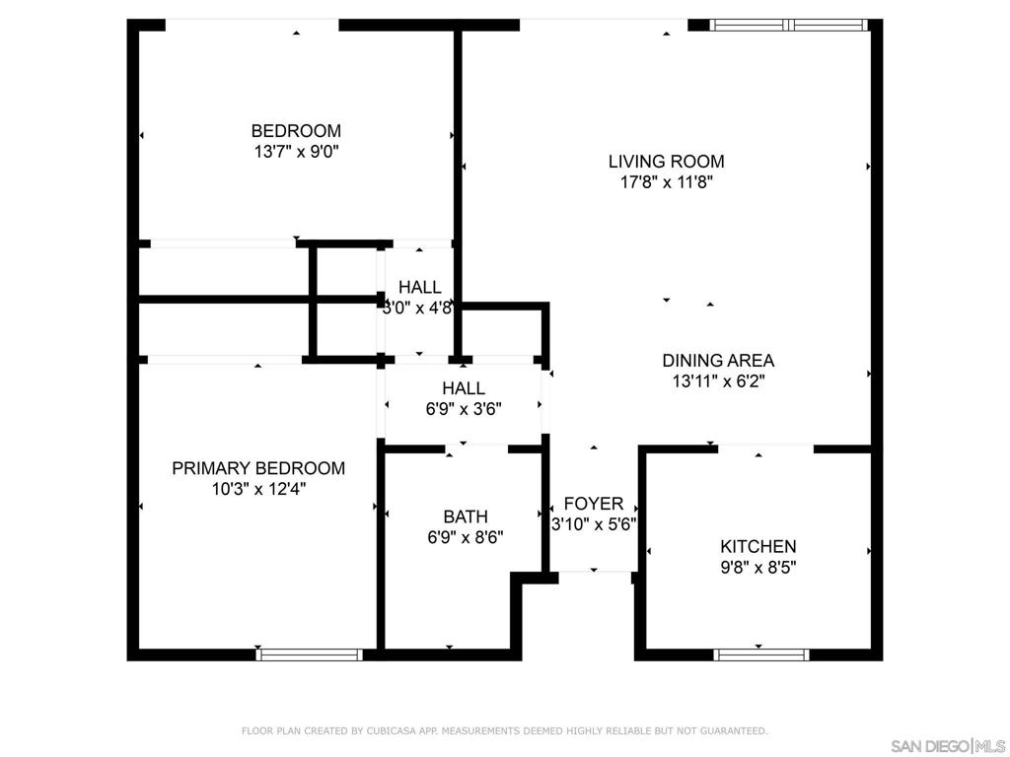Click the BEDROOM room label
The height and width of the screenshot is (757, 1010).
coord(296,131)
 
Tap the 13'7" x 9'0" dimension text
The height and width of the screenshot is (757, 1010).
coord(296,152)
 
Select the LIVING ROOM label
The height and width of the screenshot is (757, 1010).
coord(666,161)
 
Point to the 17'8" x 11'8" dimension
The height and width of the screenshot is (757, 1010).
coord(666,182)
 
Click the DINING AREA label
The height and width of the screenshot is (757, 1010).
coord(718,360)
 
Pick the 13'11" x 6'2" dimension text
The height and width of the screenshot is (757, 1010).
coord(718,381)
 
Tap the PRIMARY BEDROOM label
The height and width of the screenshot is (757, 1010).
coord(258,468)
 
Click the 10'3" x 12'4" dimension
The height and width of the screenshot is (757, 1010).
coord(258,489)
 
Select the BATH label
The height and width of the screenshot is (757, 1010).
coord(466,516)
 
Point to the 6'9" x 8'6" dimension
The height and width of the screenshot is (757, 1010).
coord(466,537)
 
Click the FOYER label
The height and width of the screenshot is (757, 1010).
coord(593,504)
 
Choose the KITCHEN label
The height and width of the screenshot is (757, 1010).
coord(758,546)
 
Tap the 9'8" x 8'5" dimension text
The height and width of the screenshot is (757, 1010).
coord(758,568)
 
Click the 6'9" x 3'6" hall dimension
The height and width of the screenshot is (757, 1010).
coord(464,409)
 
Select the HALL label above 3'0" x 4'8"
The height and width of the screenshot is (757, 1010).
coord(420,287)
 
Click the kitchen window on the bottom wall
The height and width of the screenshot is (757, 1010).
coord(760,654)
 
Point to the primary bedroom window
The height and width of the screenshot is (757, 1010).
coord(310,654)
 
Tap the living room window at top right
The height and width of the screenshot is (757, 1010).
coord(789,25)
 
